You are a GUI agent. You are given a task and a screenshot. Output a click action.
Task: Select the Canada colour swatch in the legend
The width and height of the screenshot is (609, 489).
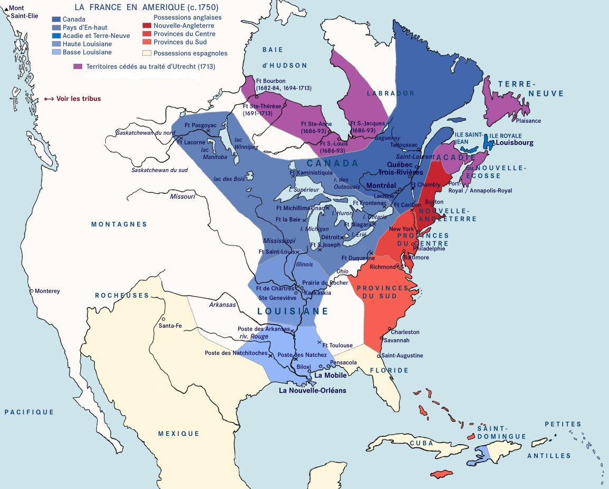[x=56, y=19]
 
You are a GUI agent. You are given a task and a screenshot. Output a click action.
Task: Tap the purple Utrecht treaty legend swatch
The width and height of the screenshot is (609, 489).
[x=78, y=67]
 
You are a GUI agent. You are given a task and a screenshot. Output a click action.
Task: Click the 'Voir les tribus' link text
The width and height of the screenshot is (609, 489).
[x=78, y=99]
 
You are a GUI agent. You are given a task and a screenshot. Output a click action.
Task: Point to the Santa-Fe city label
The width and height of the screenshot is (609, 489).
[x=170, y=326]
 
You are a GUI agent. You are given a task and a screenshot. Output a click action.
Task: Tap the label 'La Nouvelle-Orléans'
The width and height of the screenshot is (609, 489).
[x=313, y=390]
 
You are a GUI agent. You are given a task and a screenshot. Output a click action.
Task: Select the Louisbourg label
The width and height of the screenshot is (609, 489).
[x=515, y=143]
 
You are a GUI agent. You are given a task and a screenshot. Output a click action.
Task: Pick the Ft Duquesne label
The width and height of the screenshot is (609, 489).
[x=358, y=258]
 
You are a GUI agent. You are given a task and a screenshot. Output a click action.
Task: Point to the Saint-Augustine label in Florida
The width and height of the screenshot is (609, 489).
[x=402, y=356]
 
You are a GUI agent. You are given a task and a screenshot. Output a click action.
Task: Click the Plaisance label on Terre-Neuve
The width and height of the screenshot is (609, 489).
[x=528, y=121]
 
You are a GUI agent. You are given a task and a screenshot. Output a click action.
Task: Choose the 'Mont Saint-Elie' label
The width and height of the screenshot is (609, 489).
[x=17, y=12]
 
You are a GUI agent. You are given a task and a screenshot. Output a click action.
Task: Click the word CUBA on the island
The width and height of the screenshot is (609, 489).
[x=422, y=443]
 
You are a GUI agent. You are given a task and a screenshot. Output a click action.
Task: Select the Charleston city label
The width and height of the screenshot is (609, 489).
[x=405, y=332]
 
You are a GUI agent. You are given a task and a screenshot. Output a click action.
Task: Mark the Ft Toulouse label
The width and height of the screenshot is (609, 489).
[x=337, y=345]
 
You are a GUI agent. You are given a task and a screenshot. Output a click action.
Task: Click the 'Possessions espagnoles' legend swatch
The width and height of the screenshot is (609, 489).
[x=147, y=53]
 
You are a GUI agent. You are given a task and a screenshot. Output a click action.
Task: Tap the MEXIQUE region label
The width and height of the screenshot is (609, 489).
[x=179, y=434]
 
